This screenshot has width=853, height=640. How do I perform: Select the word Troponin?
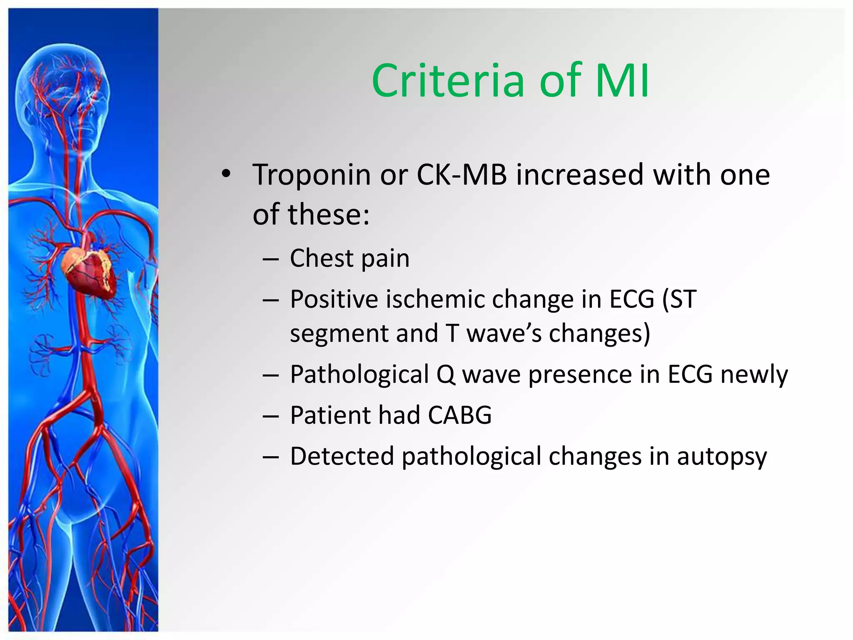pyautogui.click(x=312, y=175)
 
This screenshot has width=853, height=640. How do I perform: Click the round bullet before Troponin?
pyautogui.click(x=226, y=175)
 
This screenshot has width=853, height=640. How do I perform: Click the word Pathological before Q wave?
pyautogui.click(x=359, y=374)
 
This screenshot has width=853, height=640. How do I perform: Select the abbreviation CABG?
pyautogui.click(x=460, y=415)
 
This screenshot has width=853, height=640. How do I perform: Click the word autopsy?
pyautogui.click(x=721, y=457)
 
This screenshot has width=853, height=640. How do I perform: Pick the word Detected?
pyautogui.click(x=342, y=456)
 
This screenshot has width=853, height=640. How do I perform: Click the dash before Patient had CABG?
pyautogui.click(x=271, y=416)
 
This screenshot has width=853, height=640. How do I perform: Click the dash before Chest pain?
pyautogui.click(x=271, y=260)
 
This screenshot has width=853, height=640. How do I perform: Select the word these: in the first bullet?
pyautogui.click(x=329, y=215)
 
